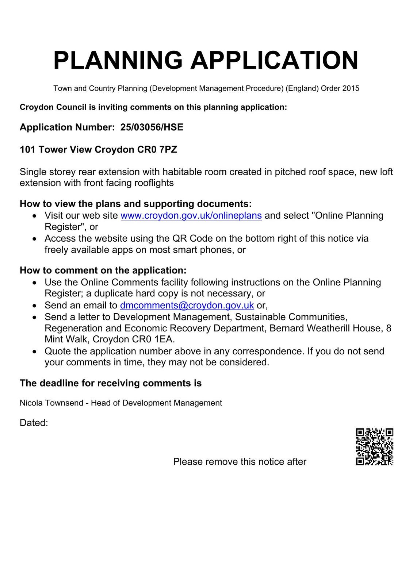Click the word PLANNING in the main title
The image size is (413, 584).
pyautogui.click(x=118, y=60)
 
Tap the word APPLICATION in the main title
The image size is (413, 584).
pyautogui.click(x=274, y=60)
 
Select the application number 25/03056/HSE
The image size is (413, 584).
pyautogui.click(x=152, y=127)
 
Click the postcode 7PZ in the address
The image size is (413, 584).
pyautogui.click(x=168, y=150)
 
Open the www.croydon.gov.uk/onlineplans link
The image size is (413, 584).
pyautogui.click(x=191, y=216)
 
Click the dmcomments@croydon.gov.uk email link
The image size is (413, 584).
pyautogui.click(x=187, y=305)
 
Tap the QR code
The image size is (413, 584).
pyautogui.click(x=374, y=447)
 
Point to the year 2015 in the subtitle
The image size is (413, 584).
pyautogui.click(x=351, y=88)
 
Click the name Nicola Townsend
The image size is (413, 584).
pyautogui.click(x=51, y=403)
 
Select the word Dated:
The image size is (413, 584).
pyautogui.click(x=34, y=423)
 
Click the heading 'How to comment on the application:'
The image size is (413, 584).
pyautogui.click(x=103, y=270)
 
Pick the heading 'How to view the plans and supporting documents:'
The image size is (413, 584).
pyautogui.click(x=135, y=204)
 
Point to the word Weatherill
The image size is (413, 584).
pyautogui.click(x=328, y=328)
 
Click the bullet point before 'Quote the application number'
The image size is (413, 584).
pyautogui.click(x=35, y=351)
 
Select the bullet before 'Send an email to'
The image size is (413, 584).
pyautogui.click(x=35, y=306)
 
